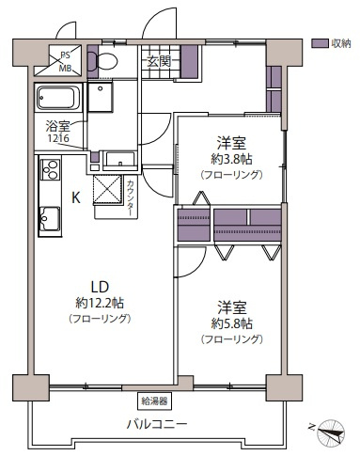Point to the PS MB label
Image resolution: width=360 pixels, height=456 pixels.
pyautogui.click(x=66, y=62)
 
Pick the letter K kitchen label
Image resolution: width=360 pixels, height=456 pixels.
pyautogui.click(x=76, y=197)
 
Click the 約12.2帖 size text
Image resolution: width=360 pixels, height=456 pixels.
pyautogui.click(x=99, y=303)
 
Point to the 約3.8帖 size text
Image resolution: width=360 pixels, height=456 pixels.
pyautogui.click(x=229, y=159)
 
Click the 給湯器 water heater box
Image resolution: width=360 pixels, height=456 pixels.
pyautogui.click(x=154, y=400)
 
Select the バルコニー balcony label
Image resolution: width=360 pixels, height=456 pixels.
pyautogui.click(x=157, y=422)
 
